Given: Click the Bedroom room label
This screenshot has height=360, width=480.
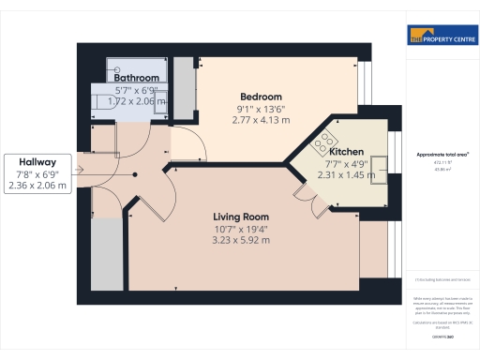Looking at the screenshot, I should [261, 97].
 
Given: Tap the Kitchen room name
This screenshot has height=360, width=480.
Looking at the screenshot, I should [346, 151].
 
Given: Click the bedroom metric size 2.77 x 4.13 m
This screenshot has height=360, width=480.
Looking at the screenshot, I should [262, 120].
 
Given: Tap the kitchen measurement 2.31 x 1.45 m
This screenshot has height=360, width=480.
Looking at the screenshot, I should [346, 174].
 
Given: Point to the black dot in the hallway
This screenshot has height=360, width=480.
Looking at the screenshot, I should [135, 173].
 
